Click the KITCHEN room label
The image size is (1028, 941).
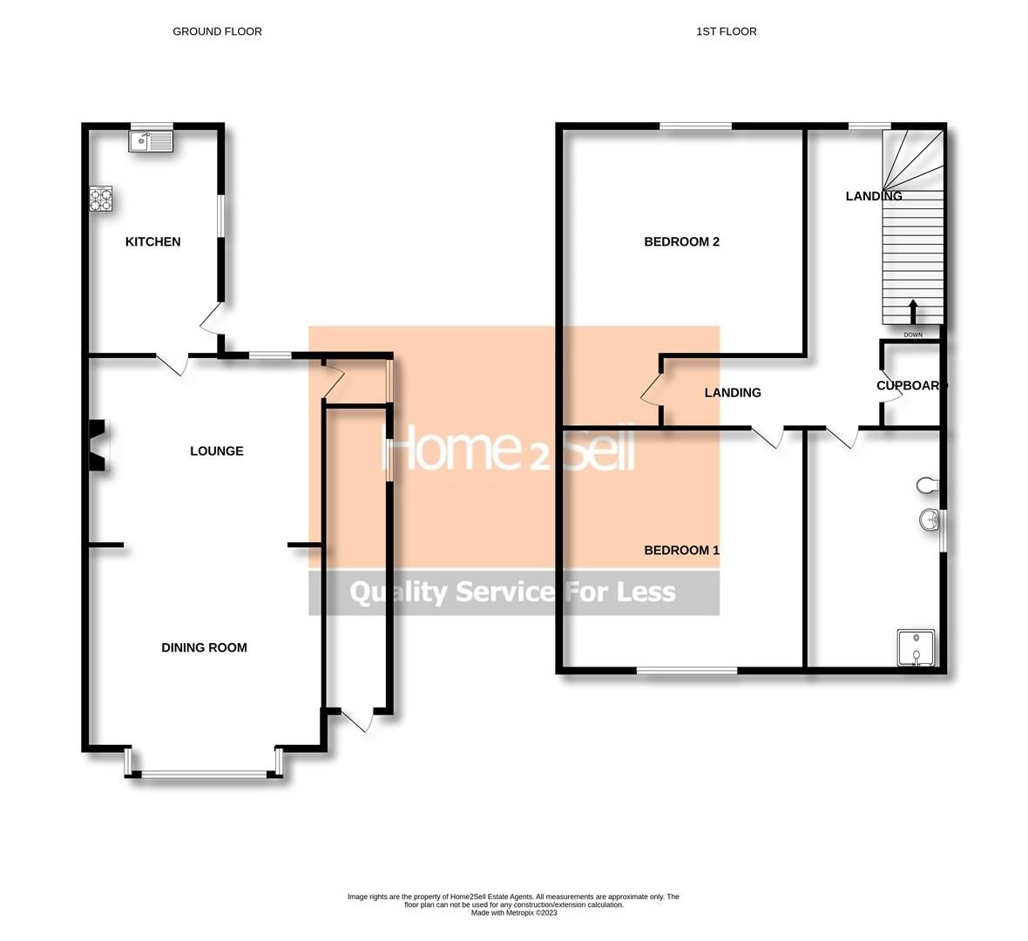pyautogui.click(x=152, y=241)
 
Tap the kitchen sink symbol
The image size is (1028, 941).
pyautogui.click(x=152, y=141)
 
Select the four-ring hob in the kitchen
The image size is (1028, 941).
pyautogui.click(x=101, y=200)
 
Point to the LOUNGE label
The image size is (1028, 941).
pyautogui.click(x=217, y=450)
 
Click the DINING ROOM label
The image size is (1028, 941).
pyautogui.click(x=204, y=647)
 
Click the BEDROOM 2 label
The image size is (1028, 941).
pyautogui.click(x=681, y=241)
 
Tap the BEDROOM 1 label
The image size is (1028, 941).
pyautogui.click(x=681, y=550)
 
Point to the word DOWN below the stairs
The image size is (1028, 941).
pyautogui.click(x=913, y=335)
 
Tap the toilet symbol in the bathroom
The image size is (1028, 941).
pyautogui.click(x=927, y=484)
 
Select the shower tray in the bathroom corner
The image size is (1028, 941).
pyautogui.click(x=916, y=648)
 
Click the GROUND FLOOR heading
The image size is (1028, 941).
pyautogui.click(x=217, y=31)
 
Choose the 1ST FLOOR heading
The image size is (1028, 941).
pyautogui.click(x=726, y=31)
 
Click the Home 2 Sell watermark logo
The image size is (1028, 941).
pyautogui.click(x=512, y=450)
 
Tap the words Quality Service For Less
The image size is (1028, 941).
pyautogui.click(x=512, y=592)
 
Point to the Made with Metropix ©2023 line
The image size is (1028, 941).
pyautogui.click(x=513, y=913)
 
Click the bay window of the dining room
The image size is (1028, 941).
pyautogui.click(x=204, y=772)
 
